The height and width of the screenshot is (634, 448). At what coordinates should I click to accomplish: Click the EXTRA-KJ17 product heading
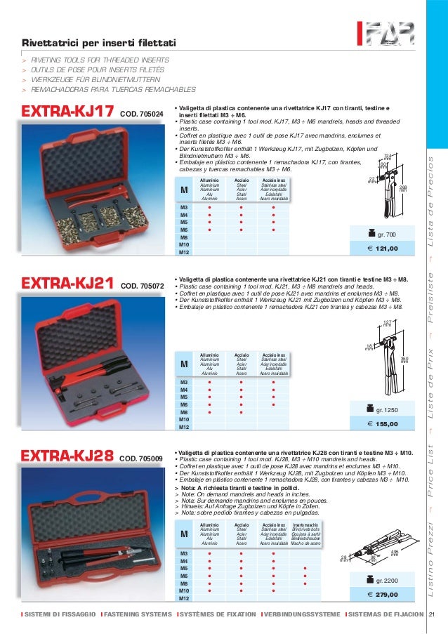pyautogui.click(x=69, y=112)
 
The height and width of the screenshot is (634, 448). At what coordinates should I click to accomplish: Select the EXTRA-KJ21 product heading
pyautogui.click(x=69, y=284)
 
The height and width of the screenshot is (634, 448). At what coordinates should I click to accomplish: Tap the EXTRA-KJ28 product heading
pyautogui.click(x=69, y=458)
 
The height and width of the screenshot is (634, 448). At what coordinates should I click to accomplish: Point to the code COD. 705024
pyautogui.click(x=142, y=114)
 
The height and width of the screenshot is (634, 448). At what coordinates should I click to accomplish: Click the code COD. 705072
pyautogui.click(x=142, y=286)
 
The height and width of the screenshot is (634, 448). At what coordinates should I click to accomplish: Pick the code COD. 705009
pyautogui.click(x=141, y=460)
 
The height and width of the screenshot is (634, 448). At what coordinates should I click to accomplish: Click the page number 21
pyautogui.click(x=432, y=616)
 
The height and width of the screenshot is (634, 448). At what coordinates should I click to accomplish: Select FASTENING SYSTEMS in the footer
pyautogui.click(x=136, y=616)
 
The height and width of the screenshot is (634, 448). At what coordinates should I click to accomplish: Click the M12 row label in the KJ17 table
pyautogui.click(x=184, y=251)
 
